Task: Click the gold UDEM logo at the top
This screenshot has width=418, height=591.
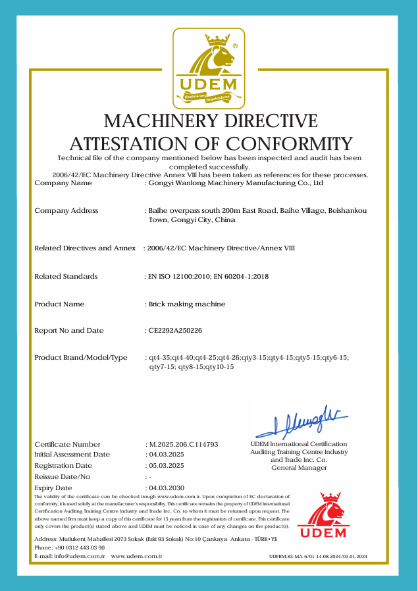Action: (208, 69)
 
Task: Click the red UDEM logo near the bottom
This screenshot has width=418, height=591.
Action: (322, 515)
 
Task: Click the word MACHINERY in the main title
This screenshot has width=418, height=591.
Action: (162, 121)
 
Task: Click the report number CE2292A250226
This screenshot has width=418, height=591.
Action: (175, 330)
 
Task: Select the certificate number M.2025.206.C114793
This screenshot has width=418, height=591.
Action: (184, 445)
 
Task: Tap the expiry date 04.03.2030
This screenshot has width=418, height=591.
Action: (167, 488)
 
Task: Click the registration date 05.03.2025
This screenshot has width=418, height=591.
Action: (167, 465)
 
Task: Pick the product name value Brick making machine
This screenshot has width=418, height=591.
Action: (187, 304)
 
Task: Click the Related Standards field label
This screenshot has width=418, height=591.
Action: (66, 276)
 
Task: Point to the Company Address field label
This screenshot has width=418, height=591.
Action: (66, 210)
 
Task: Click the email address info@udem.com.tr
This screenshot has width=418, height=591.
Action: (79, 557)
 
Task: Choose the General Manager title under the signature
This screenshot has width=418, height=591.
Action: (299, 468)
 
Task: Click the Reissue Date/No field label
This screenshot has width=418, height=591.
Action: (62, 476)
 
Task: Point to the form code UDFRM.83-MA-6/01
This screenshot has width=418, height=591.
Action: (295, 557)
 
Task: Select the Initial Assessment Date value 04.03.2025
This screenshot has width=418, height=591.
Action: (167, 455)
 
